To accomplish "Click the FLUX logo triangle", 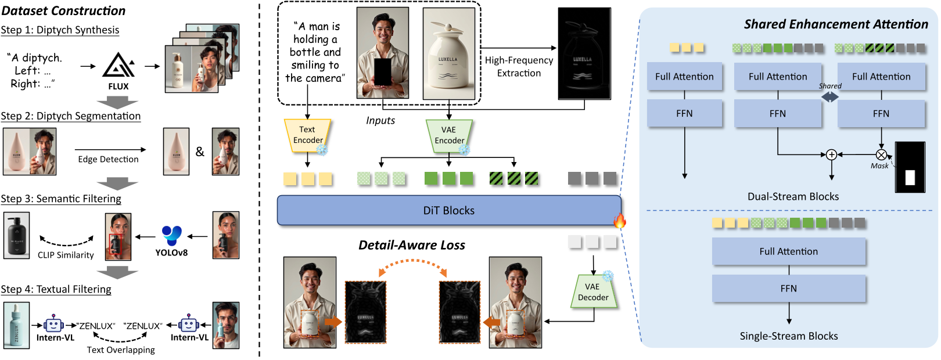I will [118, 66].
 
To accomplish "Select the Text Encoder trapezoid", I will [307, 135].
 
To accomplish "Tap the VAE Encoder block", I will [449, 135].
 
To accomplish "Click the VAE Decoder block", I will [593, 292].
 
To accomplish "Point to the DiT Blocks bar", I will [448, 210].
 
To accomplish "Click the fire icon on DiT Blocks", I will [620, 221].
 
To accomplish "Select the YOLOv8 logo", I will [172, 236].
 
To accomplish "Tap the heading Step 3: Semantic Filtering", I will [61, 199].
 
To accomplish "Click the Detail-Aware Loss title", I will [411, 245].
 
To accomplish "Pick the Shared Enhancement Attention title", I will [836, 24].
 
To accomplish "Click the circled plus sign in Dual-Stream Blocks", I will [831, 154].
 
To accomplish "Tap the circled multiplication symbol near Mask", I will [881, 154].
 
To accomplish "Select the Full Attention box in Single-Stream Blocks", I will [788, 251].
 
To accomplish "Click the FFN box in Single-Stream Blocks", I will [788, 289].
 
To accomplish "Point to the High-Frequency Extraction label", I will [519, 67].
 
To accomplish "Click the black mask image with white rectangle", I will [910, 167].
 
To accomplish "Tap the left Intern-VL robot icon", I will [53, 324].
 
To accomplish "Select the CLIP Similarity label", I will [66, 255].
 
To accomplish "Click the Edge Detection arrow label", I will [108, 159].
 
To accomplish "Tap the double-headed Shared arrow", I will [829, 97].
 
